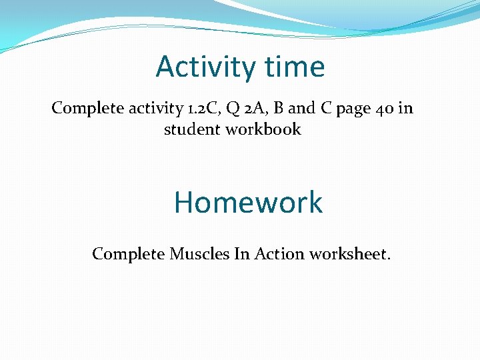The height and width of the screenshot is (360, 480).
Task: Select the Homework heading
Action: coord(248,202)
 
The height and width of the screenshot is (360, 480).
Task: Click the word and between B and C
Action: coord(295,108)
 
